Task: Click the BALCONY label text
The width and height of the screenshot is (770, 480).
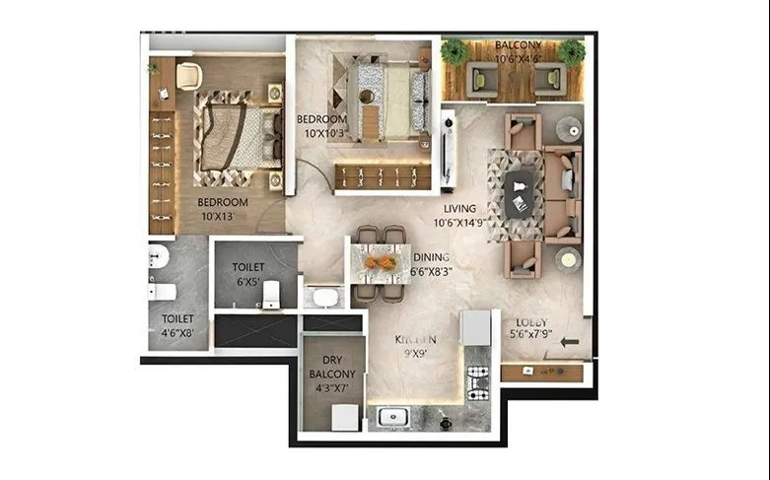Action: pyautogui.click(x=518, y=45)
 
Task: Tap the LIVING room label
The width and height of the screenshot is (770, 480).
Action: pyautogui.click(x=459, y=209)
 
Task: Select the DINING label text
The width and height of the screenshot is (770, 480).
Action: pyautogui.click(x=432, y=258)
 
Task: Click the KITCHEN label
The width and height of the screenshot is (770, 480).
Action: pyautogui.click(x=415, y=338)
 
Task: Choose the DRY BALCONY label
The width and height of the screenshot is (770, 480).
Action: pyautogui.click(x=331, y=375)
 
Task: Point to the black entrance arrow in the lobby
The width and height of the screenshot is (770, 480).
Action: pyautogui.click(x=570, y=342)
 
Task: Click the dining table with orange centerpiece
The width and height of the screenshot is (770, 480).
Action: pyautogui.click(x=380, y=263)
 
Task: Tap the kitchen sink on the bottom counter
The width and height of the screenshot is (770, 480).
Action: pyautogui.click(x=392, y=418)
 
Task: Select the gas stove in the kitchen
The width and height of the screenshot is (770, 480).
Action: pyautogui.click(x=477, y=382)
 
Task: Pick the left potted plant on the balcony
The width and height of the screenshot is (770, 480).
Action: pyautogui.click(x=455, y=52)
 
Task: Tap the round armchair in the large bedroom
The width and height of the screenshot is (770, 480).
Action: pyautogui.click(x=189, y=74)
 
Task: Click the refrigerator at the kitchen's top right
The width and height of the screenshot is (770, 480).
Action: pyautogui.click(x=475, y=327)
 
